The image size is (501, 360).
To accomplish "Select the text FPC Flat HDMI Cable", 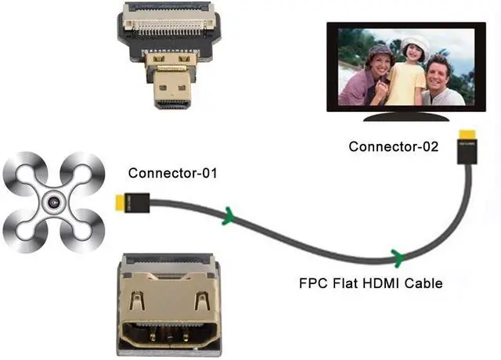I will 370,283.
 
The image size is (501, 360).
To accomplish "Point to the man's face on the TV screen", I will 438,72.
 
